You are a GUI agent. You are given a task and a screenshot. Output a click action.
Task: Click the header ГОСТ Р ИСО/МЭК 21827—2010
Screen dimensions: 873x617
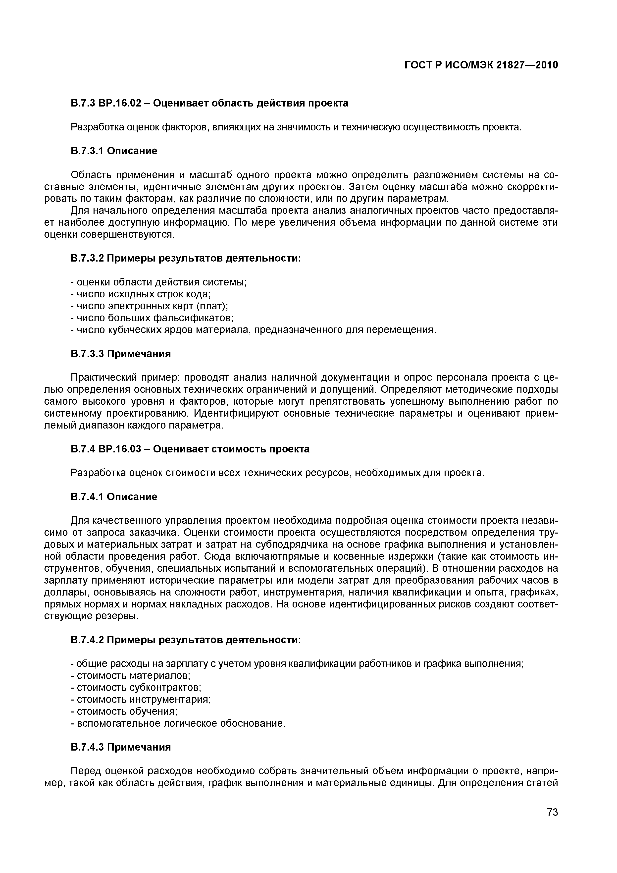coord(481,65)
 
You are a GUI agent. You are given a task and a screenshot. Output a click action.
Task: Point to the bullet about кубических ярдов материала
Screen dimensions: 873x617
coord(253,330)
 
